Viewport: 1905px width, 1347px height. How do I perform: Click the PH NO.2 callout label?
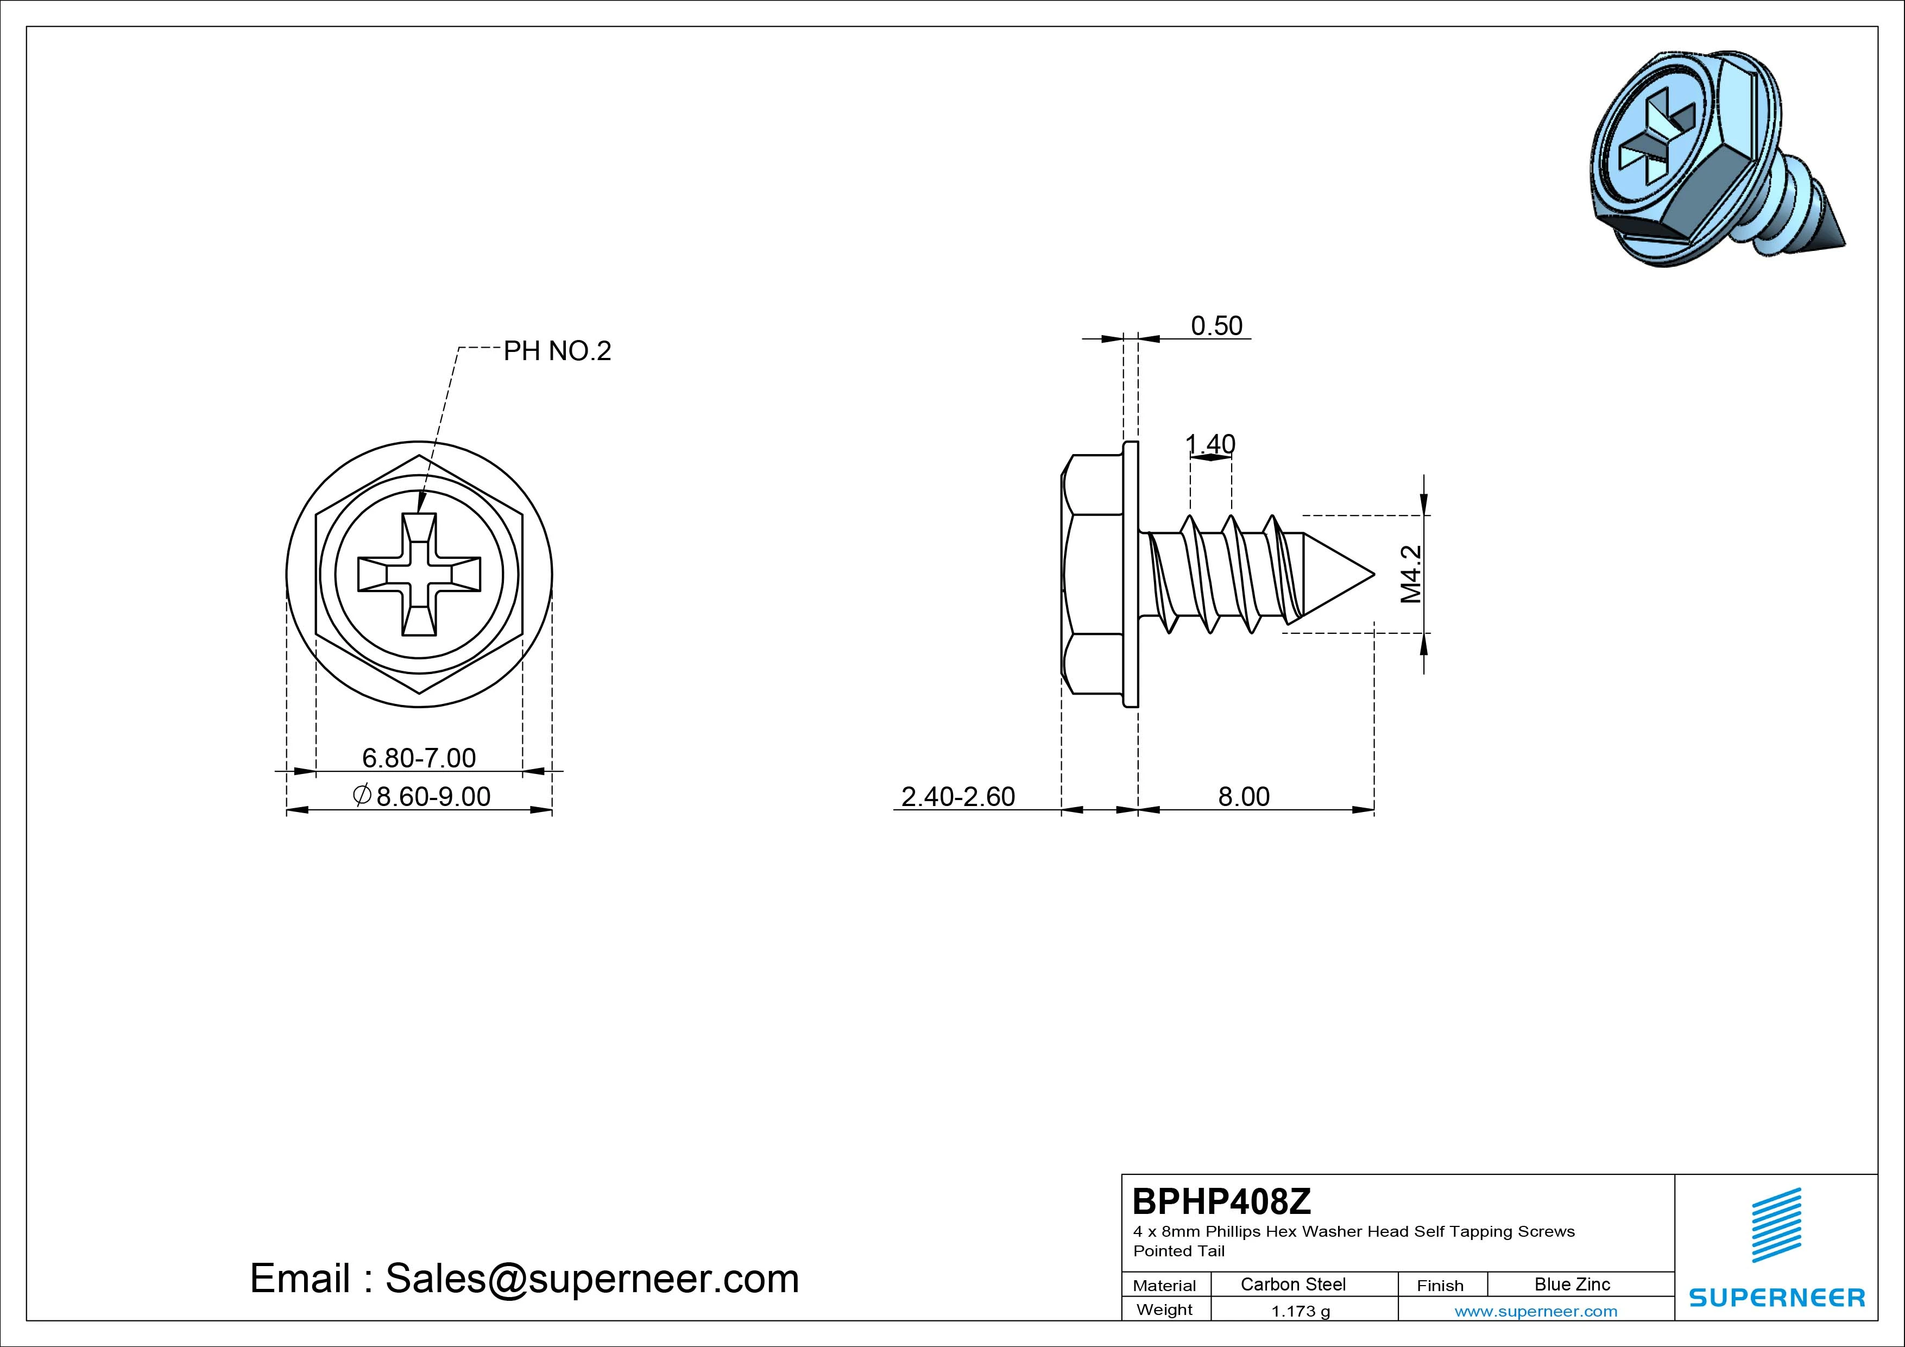[558, 351]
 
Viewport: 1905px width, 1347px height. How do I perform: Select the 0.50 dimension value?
[1216, 325]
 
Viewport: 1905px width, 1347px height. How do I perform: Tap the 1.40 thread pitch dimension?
[1210, 444]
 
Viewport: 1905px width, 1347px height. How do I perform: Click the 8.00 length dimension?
[1244, 797]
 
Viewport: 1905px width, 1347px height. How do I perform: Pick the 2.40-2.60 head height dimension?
[958, 797]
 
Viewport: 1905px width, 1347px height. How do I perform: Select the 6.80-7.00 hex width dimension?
[419, 758]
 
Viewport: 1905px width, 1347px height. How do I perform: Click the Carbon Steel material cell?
[1292, 1284]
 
